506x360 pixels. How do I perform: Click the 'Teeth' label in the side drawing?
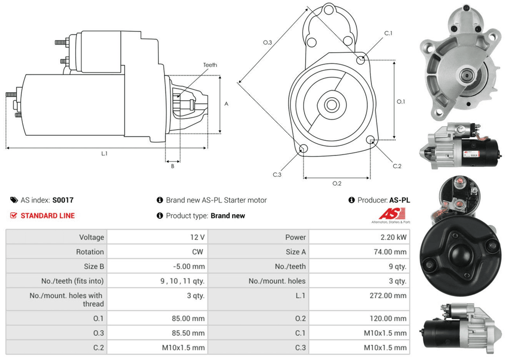(210, 65)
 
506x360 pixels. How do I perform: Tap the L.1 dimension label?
(104, 153)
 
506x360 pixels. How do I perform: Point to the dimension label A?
(226, 104)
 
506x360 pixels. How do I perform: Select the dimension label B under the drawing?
(172, 166)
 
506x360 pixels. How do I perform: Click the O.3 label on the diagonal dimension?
(268, 43)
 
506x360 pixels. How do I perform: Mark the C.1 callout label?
(389, 33)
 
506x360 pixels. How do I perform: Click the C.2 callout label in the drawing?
(397, 166)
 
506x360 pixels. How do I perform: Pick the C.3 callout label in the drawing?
(277, 175)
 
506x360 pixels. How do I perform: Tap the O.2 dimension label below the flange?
(336, 183)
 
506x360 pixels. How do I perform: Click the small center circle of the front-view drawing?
(332, 105)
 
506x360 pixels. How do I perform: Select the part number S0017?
(63, 200)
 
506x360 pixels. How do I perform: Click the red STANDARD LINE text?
(48, 216)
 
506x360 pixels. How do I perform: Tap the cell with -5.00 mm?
(189, 266)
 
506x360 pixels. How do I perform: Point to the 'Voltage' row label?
(91, 237)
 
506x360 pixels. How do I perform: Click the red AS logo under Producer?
(388, 214)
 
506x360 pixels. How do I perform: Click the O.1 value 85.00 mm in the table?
(188, 318)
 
